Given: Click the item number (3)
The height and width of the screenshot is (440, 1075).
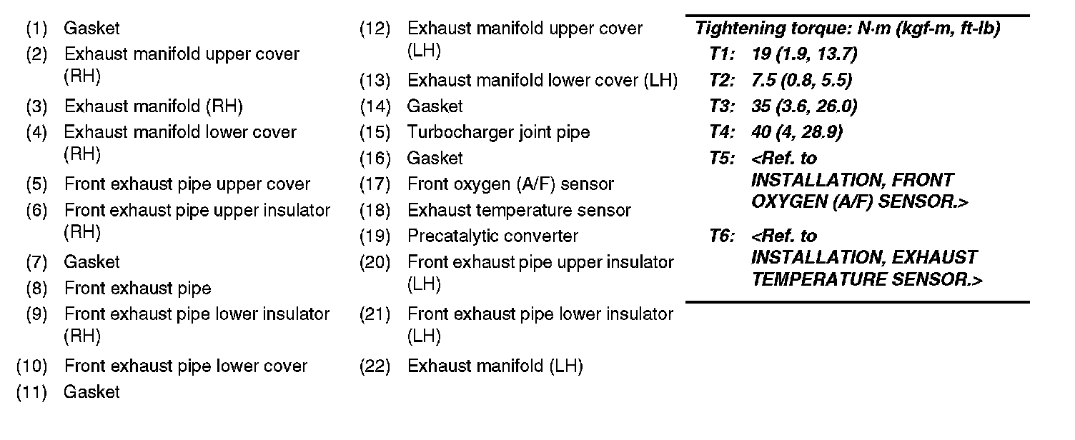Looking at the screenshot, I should coord(36,106).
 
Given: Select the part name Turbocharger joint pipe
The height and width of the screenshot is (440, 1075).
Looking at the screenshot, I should coord(498,132).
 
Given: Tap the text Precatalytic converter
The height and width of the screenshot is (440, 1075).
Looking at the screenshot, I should coord(492,236).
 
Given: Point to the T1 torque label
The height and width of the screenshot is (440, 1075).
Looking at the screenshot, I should coord(722,54).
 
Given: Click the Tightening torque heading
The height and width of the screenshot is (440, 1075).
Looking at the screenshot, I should coord(847,29).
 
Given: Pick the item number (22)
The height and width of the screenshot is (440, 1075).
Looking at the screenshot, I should coord(375,366).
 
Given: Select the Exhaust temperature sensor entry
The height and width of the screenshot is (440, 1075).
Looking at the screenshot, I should coord(519,210).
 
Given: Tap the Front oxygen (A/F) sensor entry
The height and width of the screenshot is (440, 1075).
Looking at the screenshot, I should coord(510,184).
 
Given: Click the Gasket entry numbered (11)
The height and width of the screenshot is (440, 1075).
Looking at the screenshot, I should coord(91,392).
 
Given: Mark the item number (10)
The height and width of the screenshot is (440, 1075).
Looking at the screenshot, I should coord(32,366).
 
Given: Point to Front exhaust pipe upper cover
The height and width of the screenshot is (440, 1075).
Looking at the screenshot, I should coord(187,184).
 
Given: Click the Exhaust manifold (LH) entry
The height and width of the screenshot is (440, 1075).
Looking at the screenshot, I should coord(495,366).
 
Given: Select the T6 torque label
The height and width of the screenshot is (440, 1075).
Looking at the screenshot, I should coord(722,236).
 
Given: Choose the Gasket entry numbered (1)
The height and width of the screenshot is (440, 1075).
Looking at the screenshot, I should coord(91,29).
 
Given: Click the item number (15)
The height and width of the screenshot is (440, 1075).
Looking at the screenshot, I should coord(375,132).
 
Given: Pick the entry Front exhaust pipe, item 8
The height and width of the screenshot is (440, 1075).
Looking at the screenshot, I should coord(137,289).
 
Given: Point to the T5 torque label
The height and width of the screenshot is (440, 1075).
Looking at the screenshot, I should coord(722,158).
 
